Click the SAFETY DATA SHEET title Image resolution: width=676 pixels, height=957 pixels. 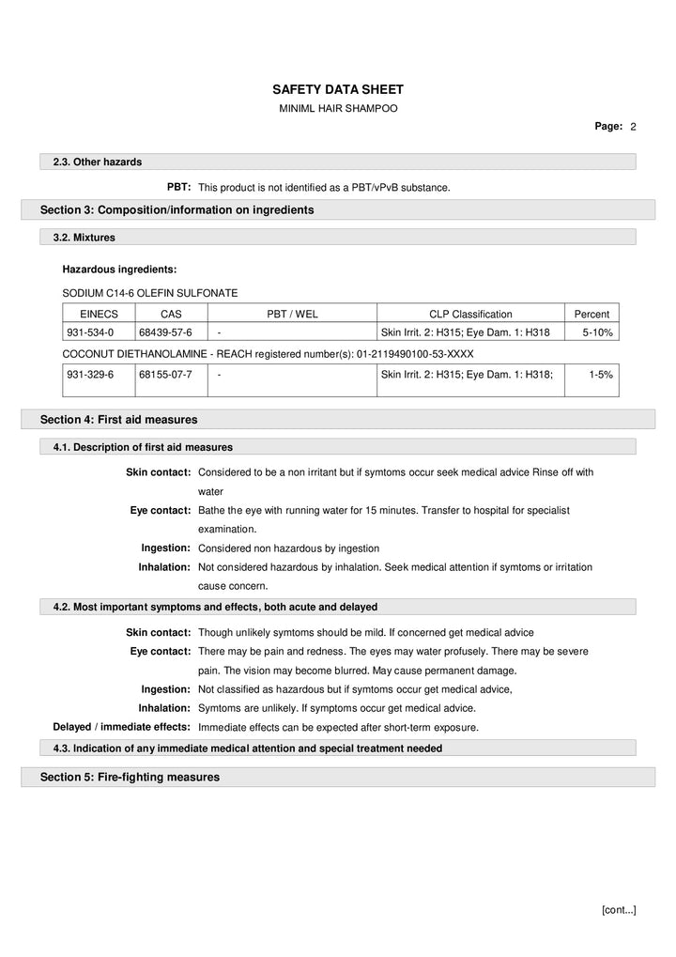point(337,89)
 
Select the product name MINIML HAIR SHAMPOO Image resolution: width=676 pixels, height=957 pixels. point(338,109)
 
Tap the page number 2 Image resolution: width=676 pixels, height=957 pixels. point(634,126)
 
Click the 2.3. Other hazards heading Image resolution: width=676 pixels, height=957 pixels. point(98,162)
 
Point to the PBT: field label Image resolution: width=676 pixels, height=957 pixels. point(179,187)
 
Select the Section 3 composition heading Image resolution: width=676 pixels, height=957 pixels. point(177,209)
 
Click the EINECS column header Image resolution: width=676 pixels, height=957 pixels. point(98,314)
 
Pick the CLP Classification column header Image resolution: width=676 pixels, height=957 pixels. point(470,314)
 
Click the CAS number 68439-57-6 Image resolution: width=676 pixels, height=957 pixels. point(165,332)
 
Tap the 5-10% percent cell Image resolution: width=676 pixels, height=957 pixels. point(597,332)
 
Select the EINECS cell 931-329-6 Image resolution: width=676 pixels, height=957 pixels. point(90,374)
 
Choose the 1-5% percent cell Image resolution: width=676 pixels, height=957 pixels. point(601,374)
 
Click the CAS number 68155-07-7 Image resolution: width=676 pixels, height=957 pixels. point(165,374)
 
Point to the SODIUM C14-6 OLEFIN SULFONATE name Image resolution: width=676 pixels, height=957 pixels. point(149,293)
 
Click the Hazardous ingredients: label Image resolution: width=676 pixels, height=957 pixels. point(119,270)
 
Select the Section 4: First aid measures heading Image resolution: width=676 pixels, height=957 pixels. point(118,419)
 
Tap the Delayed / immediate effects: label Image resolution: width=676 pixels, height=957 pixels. point(122,727)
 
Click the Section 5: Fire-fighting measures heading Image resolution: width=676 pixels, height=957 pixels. point(130,777)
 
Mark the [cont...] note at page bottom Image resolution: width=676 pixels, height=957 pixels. point(618,909)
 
